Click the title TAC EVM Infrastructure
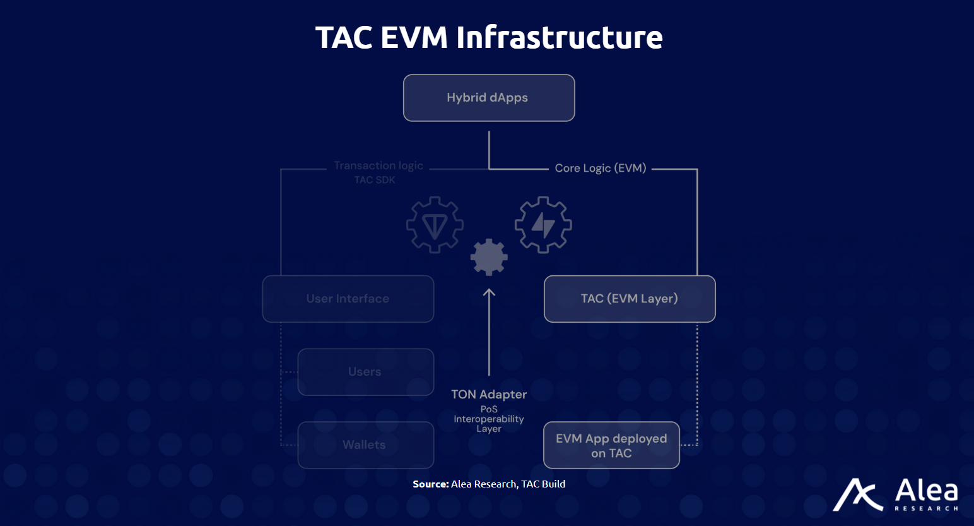click(x=489, y=37)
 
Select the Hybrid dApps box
click(x=489, y=98)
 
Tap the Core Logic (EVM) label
click(x=600, y=168)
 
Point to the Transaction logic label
click(x=378, y=165)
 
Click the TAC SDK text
click(x=375, y=180)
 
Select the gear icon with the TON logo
click(x=435, y=225)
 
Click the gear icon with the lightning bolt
click(x=543, y=225)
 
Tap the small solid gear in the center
click(x=489, y=258)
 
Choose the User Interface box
click(x=348, y=299)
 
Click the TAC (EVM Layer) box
click(x=630, y=299)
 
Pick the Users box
click(x=365, y=372)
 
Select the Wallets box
click(x=365, y=445)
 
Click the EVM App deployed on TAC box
click(x=611, y=445)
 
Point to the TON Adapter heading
click(x=489, y=395)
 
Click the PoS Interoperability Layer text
click(x=489, y=419)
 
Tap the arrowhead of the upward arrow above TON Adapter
click(x=489, y=292)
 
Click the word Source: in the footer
click(x=430, y=484)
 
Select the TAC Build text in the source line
click(x=543, y=484)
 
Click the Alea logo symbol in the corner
click(x=857, y=494)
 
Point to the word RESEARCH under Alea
click(x=926, y=508)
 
